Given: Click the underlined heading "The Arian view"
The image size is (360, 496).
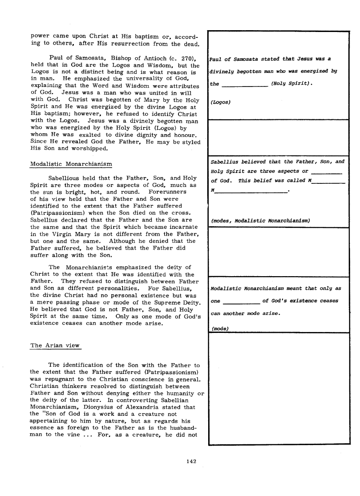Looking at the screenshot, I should (55, 346).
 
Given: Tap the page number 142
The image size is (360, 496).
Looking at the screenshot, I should (192, 460).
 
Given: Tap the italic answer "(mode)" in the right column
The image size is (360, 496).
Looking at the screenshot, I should (220, 328).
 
